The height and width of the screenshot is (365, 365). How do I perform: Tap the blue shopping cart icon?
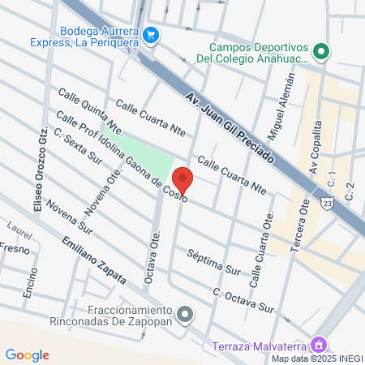coord(151,35)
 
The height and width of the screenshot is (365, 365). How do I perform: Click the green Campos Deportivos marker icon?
coord(322,52)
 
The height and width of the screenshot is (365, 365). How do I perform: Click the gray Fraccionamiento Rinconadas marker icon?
coord(186,314)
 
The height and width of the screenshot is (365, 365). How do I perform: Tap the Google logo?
coord(27,354)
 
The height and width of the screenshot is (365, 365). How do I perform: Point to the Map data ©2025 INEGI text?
coord(317,359)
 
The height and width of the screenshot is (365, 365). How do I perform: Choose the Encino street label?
coord(29,281)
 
